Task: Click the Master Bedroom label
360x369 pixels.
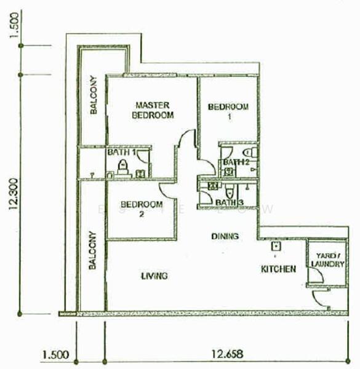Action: [153, 110]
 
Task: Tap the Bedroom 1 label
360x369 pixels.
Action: [228, 111]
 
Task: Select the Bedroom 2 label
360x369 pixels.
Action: [142, 208]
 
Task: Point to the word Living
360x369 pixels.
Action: [154, 276]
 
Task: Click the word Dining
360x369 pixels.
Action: [225, 236]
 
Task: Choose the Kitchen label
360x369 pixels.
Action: [279, 269]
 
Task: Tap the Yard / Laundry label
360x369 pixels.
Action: [327, 260]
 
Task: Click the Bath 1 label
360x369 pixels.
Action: [121, 153]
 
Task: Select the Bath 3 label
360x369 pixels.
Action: [230, 202]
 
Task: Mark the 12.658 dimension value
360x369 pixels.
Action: [227, 354]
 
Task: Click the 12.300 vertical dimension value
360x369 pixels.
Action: [14, 194]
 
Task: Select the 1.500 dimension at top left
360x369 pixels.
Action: [14, 25]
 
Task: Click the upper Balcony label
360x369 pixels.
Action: [94, 95]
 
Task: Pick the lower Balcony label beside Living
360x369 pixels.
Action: [92, 250]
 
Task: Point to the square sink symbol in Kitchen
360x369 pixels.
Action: [276, 247]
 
